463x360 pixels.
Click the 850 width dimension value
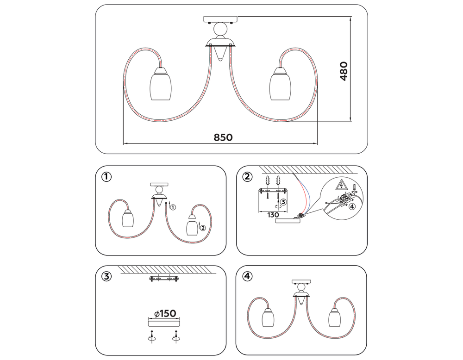223,137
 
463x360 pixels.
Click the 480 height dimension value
344,71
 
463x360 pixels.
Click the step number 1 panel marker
107,176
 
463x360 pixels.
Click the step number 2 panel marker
248,176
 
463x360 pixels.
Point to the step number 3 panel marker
107,276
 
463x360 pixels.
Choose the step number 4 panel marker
248,276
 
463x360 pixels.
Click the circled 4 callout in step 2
353,207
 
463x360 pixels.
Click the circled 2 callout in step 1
202,227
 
